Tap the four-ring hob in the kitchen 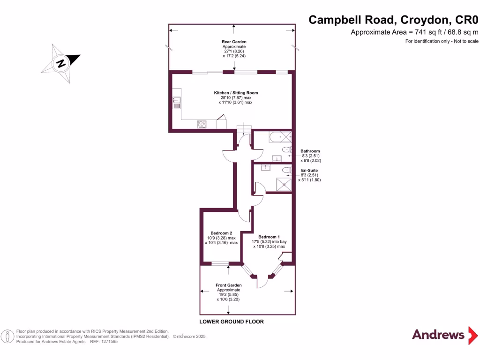click(202, 124)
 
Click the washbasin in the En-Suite click(265, 167)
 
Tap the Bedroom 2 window click(219, 264)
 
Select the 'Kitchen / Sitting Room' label click(236, 93)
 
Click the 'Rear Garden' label click(233, 42)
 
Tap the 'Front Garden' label click(228, 285)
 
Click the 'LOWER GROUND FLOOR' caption click(231, 322)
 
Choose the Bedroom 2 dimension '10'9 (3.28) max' click(221, 238)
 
